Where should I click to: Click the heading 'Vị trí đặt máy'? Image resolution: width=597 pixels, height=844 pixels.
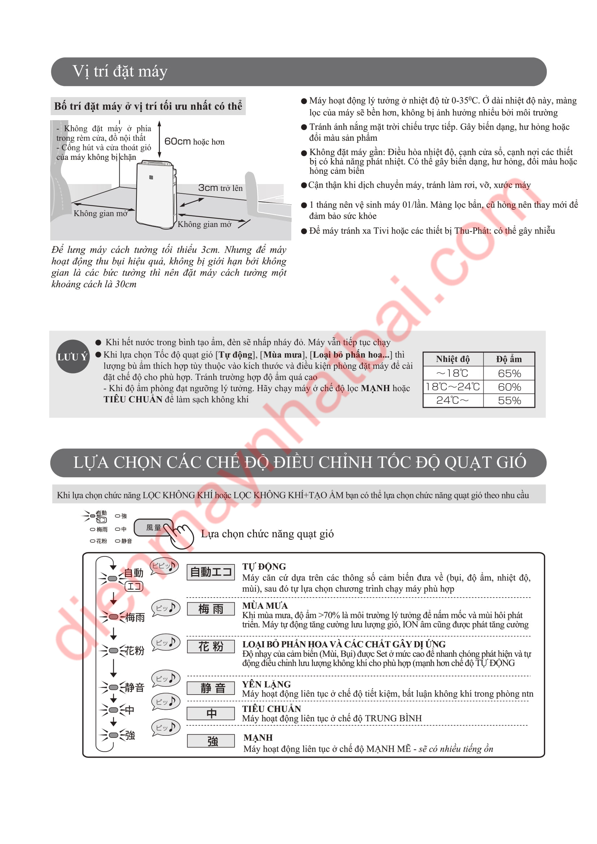(120, 71)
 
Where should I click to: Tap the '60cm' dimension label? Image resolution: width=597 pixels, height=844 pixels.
(178, 141)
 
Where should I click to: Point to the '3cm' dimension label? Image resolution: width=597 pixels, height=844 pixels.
(208, 188)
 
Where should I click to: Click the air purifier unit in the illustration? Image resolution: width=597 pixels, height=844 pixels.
(156, 194)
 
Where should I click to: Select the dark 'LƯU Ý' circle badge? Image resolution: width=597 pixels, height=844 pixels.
(73, 356)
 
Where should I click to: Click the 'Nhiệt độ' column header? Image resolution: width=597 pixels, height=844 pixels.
(453, 359)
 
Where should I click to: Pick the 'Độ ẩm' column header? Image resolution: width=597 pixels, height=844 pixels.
(509, 359)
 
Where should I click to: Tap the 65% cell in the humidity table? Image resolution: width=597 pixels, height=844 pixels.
(510, 373)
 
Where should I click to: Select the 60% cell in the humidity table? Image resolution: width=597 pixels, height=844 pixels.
(510, 387)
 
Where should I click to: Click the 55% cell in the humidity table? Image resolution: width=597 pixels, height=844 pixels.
(510, 401)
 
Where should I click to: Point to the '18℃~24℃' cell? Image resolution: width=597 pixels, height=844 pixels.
(453, 387)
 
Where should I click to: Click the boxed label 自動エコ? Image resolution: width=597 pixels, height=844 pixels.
(211, 572)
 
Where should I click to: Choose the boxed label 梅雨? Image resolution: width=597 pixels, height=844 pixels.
(211, 609)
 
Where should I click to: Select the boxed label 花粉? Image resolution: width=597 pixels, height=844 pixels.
(211, 647)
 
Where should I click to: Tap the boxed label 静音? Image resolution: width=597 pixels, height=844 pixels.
(211, 688)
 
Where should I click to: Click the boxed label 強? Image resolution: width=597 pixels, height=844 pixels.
(211, 741)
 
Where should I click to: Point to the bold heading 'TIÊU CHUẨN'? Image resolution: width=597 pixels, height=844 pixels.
(272, 709)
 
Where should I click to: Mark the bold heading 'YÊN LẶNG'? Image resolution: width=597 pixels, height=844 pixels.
(266, 684)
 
